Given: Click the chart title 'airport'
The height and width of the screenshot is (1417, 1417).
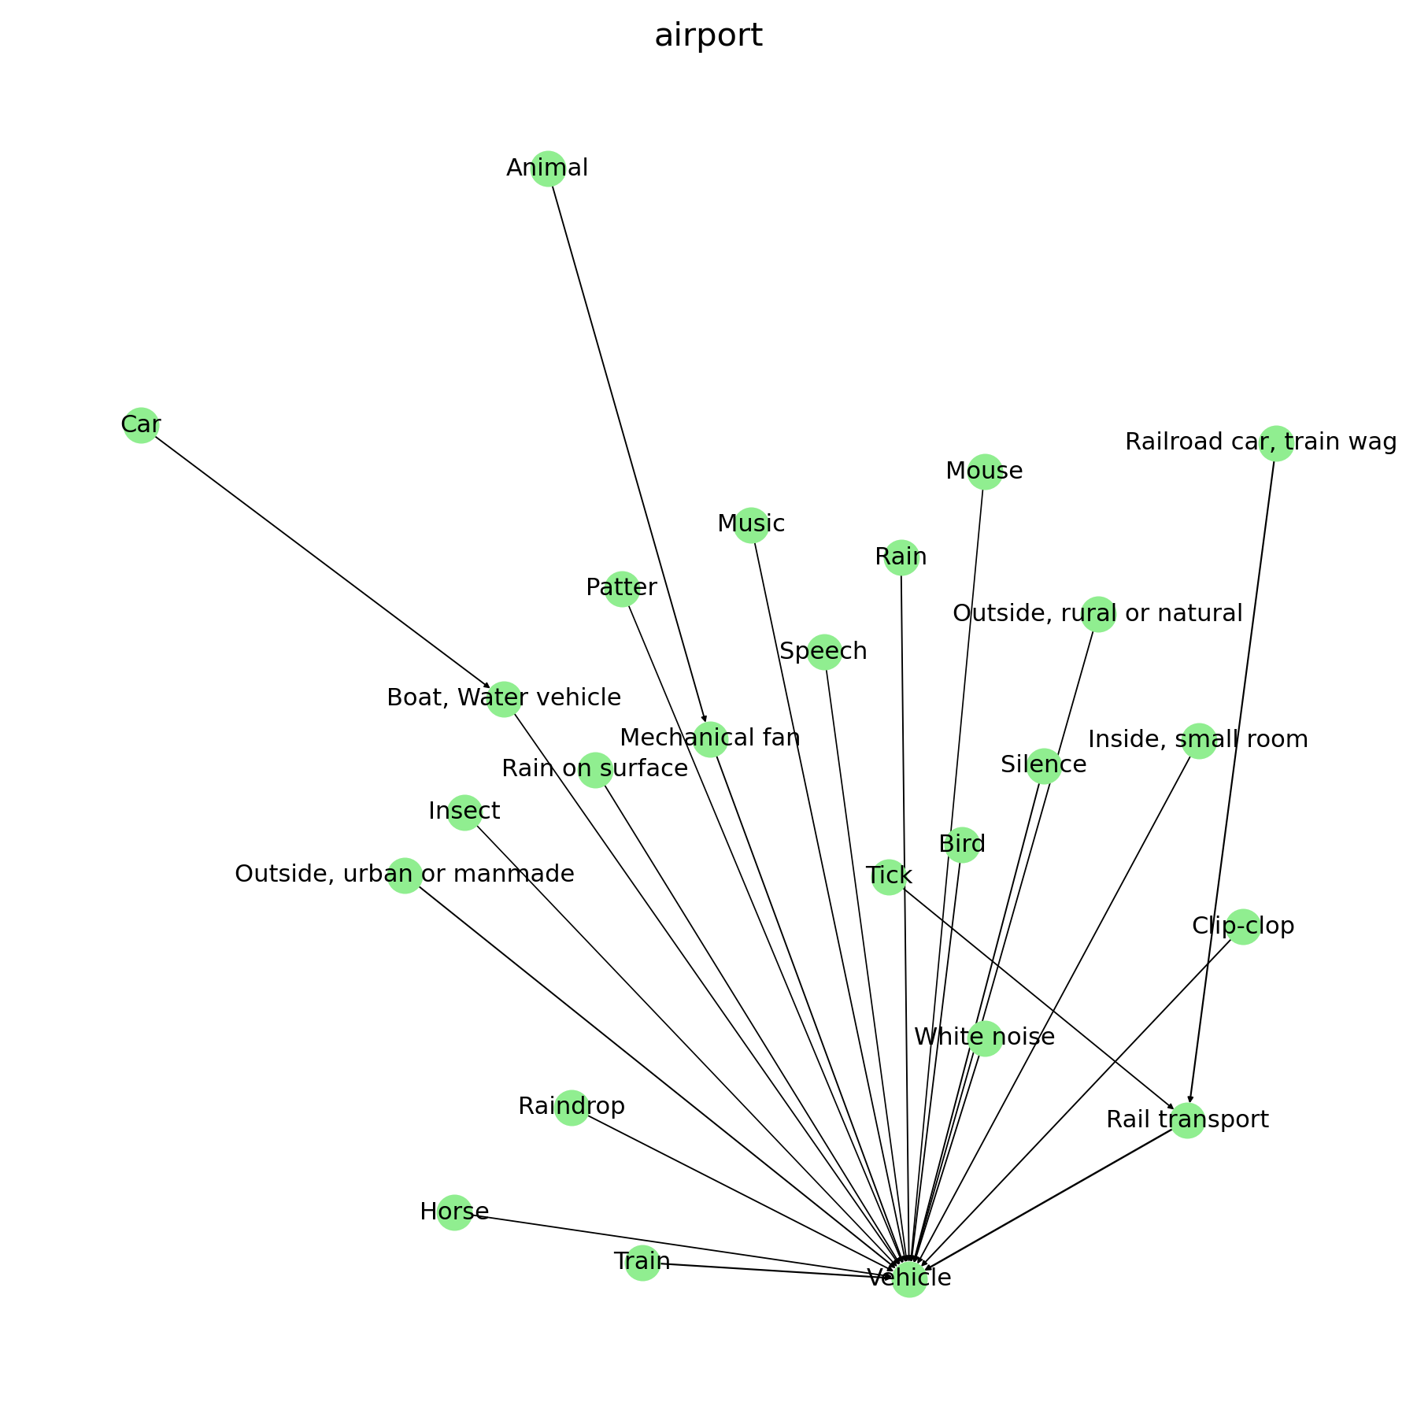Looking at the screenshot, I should [708, 36].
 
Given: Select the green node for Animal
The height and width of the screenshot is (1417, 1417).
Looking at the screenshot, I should [548, 168].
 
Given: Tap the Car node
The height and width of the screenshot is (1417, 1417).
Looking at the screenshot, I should [141, 426].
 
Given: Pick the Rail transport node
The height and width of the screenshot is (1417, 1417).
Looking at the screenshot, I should [1187, 1119].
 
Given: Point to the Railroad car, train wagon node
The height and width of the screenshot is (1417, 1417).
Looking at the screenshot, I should [1276, 443].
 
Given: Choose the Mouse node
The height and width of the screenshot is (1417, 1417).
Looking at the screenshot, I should [984, 472].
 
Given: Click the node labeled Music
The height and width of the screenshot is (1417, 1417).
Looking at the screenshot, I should [751, 524].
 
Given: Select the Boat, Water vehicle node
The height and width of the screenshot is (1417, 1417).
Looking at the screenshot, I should [504, 699].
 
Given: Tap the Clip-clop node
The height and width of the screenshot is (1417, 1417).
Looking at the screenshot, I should [1243, 927].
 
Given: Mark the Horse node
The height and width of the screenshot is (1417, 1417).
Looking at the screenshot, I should [454, 1212].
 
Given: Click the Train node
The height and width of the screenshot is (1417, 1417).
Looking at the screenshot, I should [642, 1263].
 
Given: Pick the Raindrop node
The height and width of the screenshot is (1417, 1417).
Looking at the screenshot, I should [572, 1108].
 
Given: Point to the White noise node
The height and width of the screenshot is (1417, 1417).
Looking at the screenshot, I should [985, 1038].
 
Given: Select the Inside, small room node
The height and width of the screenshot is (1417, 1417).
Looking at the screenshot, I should [1199, 741].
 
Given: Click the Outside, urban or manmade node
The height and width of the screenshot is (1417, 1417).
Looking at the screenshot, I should [405, 875].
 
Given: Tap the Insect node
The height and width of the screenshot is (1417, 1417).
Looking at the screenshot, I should [464, 812].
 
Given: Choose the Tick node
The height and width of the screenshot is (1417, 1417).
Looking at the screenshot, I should [889, 876].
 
